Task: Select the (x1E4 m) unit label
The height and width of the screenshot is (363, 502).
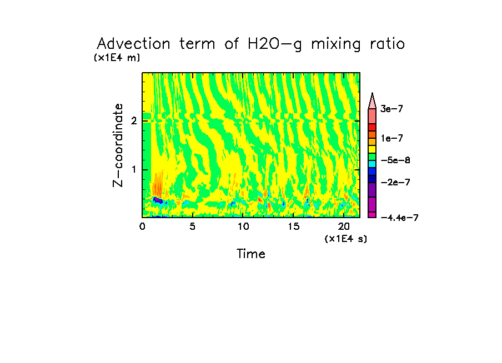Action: tap(117, 57)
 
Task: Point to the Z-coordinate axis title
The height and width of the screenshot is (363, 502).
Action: tap(118, 145)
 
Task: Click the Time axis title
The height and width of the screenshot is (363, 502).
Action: tap(251, 254)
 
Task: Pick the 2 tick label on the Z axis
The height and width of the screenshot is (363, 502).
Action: tap(133, 121)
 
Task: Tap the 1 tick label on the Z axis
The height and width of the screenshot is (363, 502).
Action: tap(133, 169)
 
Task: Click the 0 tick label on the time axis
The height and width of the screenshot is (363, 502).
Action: tap(143, 226)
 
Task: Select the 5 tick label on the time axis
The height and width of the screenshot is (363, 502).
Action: tap(193, 226)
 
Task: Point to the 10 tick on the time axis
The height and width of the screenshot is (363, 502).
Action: tap(243, 226)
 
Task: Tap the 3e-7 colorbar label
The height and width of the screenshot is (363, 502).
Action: tap(391, 109)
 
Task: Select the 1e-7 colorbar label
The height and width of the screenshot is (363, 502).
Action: tap(391, 138)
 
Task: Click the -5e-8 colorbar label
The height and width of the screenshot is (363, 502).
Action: tap(395, 160)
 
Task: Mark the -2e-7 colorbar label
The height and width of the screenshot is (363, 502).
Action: tap(395, 183)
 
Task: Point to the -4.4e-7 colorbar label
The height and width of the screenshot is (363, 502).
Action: tap(399, 218)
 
